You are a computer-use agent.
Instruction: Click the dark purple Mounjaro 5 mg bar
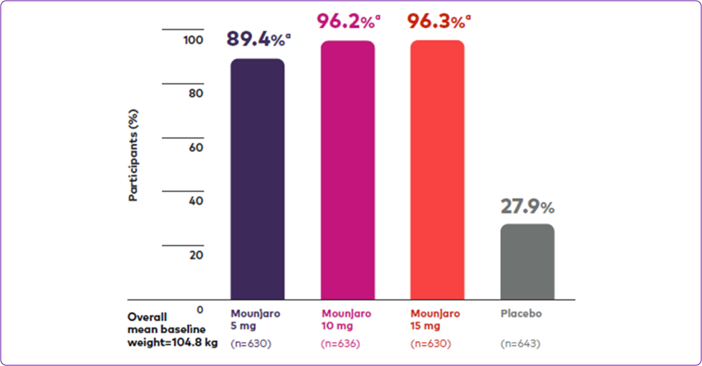tap(257, 179)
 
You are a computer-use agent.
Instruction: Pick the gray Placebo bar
tap(527, 261)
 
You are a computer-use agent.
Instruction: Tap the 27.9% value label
tap(527, 207)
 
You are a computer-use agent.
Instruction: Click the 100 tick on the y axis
tap(193, 41)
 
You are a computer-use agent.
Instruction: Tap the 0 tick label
tap(200, 309)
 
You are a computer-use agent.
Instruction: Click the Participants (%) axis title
tap(133, 154)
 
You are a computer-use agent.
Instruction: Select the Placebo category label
tap(521, 314)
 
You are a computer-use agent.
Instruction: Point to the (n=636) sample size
tap(341, 344)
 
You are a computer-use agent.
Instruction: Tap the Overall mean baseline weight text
tap(172, 329)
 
